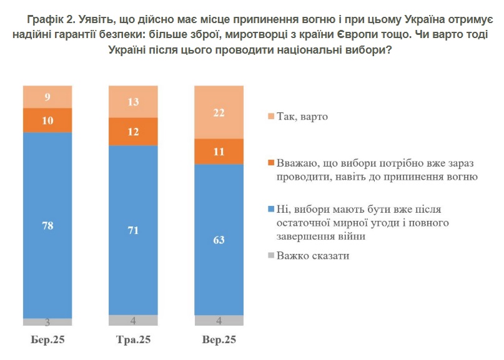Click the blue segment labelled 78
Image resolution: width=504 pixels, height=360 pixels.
(x=47, y=225)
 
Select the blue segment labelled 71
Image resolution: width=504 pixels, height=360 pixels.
(x=133, y=230)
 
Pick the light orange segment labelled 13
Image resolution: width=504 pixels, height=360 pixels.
(x=133, y=101)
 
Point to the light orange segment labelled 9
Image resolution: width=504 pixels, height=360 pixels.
(x=47, y=97)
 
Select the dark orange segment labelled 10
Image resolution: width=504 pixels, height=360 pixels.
(x=47, y=120)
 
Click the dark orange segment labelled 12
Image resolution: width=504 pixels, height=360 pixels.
(x=133, y=131)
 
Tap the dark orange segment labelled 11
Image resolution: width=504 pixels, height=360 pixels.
(x=219, y=151)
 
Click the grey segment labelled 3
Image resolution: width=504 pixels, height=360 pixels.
(x=47, y=322)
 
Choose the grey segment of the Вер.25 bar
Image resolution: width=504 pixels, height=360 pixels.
(x=219, y=321)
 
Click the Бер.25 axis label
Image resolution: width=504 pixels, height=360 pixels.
(x=47, y=340)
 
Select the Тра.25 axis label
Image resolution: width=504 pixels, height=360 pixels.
(x=133, y=340)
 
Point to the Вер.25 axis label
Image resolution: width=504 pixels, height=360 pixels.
(x=219, y=340)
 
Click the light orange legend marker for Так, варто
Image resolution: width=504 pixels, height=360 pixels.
(x=270, y=117)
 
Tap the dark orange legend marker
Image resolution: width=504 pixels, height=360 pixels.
(x=270, y=163)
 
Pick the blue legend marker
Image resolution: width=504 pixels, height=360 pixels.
(x=270, y=209)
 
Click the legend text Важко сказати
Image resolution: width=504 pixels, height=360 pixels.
(x=313, y=255)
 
